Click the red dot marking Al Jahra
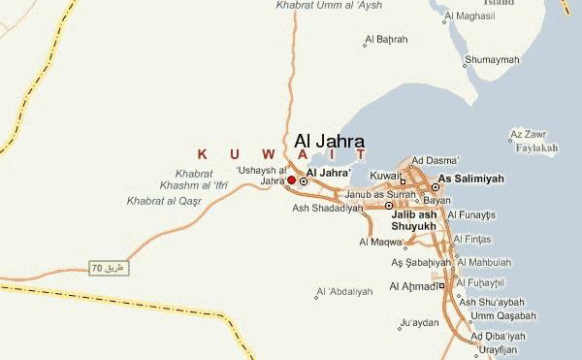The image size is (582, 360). [x=291, y=180]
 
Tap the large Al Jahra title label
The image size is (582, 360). [x=329, y=142]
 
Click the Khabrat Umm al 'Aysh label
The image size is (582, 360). [x=329, y=6]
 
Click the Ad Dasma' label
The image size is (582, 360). [x=436, y=160]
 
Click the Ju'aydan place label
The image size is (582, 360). [x=419, y=322]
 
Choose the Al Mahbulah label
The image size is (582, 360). [x=490, y=262]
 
